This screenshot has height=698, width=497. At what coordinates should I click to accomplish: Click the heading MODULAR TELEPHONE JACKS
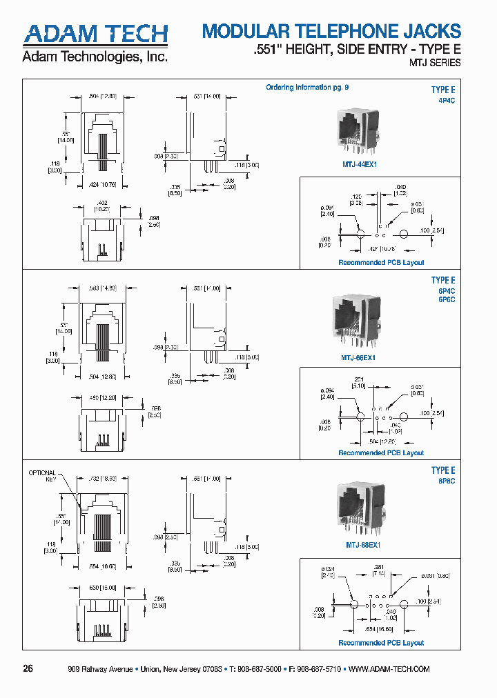[x=331, y=32]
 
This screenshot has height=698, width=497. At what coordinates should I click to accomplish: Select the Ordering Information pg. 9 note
[x=307, y=88]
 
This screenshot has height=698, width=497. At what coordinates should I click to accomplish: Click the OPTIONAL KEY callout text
[x=41, y=476]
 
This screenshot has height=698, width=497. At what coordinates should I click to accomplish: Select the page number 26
[x=28, y=668]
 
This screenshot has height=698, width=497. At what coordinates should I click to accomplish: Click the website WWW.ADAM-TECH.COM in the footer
[x=389, y=669]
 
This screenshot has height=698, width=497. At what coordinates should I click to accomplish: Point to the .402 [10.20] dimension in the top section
[x=102, y=206]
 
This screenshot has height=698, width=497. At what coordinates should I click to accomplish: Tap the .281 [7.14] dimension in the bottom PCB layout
[x=380, y=572]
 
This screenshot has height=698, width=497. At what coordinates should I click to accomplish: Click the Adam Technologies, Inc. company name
[x=95, y=57]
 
